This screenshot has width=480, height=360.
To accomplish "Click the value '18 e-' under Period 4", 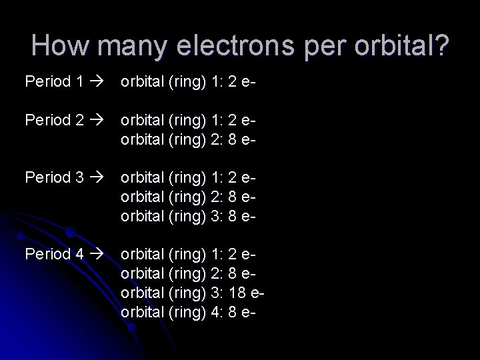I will point(245,293).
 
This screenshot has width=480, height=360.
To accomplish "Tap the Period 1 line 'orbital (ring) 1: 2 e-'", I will point(189,82).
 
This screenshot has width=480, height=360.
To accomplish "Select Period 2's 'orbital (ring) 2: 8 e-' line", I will point(189,140).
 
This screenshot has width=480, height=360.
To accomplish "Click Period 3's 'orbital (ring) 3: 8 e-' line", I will point(189,216).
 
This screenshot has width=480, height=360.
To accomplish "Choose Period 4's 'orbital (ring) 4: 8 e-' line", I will point(189,312).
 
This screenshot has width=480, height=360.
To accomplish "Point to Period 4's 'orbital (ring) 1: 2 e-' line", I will point(189,254).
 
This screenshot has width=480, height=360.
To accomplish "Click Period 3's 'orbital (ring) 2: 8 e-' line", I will point(189,197).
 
